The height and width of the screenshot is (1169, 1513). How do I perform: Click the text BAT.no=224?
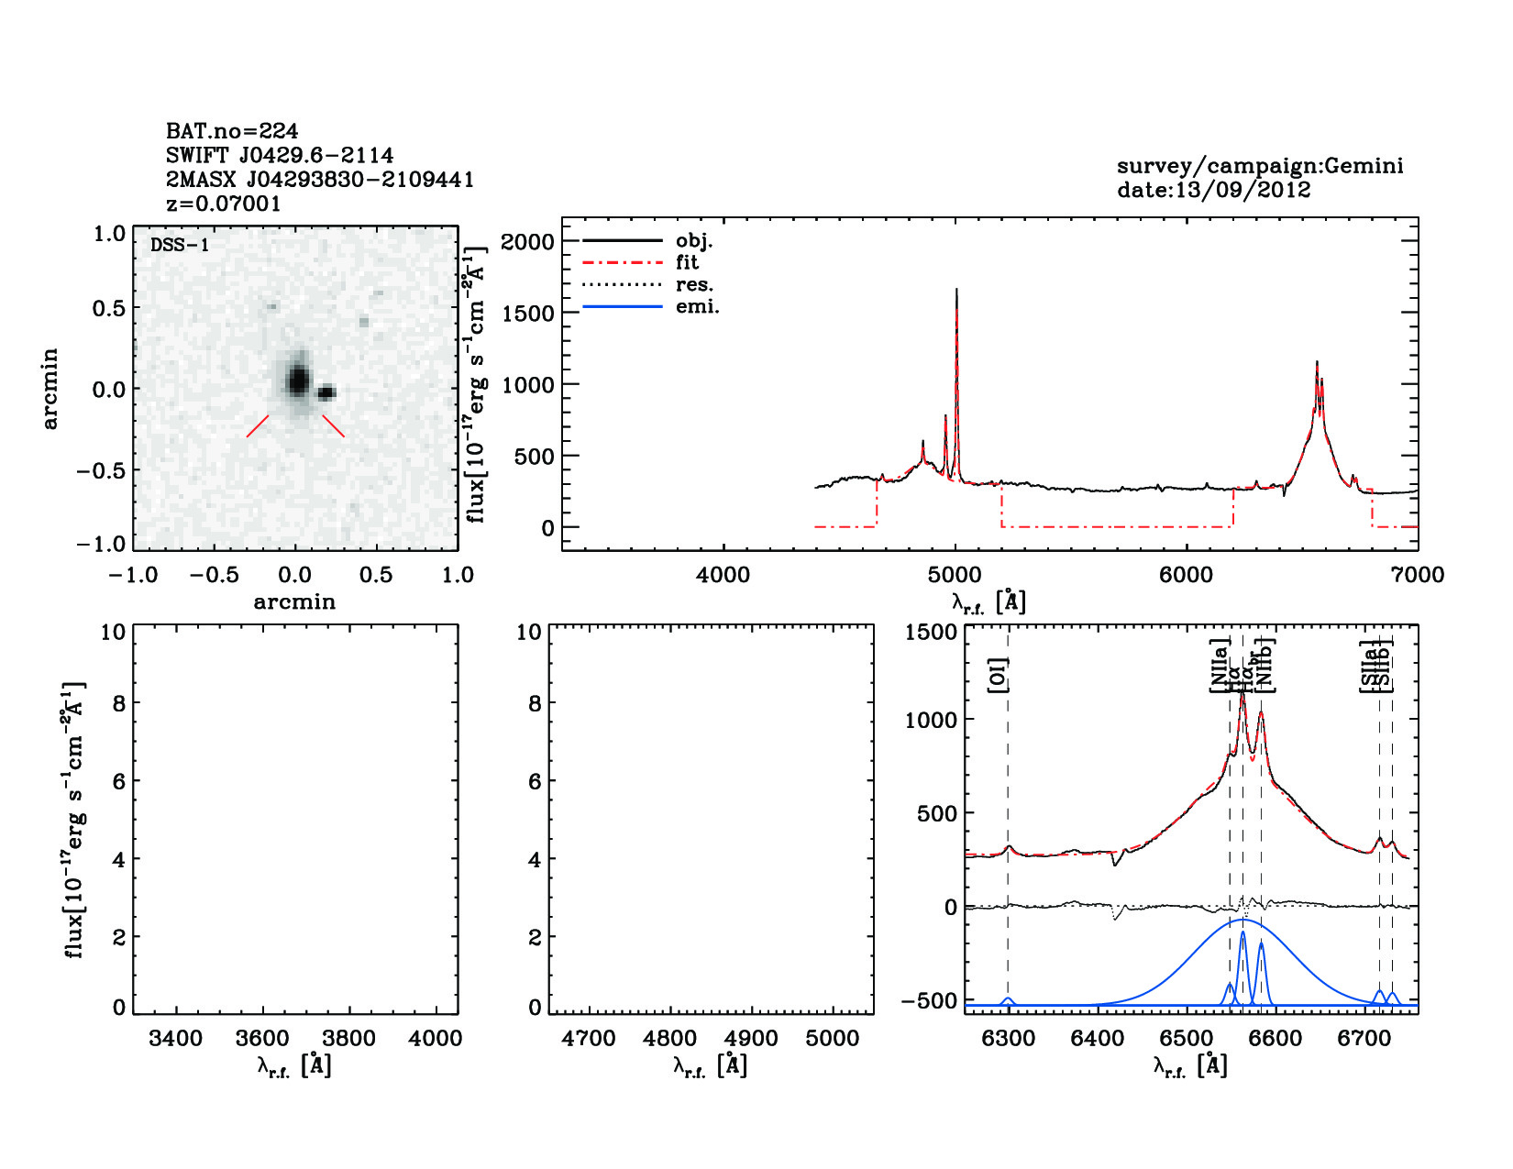pos(231,131)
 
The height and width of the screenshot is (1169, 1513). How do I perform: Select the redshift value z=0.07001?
pos(224,204)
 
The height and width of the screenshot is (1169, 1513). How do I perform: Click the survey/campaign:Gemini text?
pos(1259,166)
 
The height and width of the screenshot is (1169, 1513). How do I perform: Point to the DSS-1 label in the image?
pos(179,246)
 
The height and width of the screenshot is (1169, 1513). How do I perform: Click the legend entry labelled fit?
pos(687,262)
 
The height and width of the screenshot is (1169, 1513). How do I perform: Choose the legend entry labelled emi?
pos(697,307)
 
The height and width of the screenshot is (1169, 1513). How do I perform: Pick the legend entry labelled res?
pos(694,284)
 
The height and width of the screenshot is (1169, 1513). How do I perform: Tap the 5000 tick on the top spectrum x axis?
pos(955,575)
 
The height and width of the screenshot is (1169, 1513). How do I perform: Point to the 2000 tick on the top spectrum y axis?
pos(527,241)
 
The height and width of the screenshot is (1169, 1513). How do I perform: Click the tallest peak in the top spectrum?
pos(956,291)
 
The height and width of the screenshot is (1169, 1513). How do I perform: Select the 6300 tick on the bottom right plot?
pos(1008,1039)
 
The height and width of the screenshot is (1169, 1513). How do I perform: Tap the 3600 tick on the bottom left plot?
pos(263,1039)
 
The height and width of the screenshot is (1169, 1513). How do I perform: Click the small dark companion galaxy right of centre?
pos(327,393)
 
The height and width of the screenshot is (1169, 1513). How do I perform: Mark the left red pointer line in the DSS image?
pos(258,426)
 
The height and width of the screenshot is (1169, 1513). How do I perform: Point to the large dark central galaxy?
pos(297,379)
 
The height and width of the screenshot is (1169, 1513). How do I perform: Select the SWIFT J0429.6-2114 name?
pos(280,155)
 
